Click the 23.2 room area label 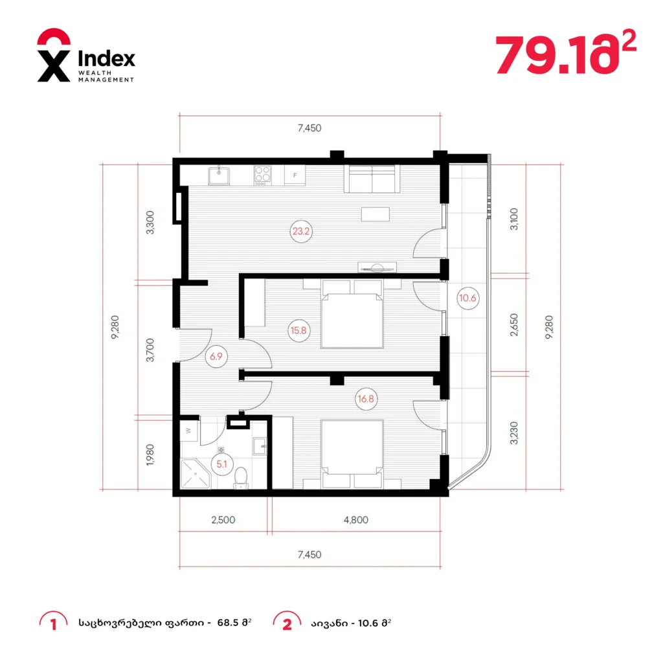click(x=300, y=231)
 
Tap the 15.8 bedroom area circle click(x=298, y=330)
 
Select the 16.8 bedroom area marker click(x=366, y=399)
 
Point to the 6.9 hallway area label click(x=216, y=357)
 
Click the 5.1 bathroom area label click(x=222, y=464)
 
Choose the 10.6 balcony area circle click(x=467, y=298)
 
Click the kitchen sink click(x=219, y=176)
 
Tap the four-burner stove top click(x=262, y=175)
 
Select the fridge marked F click(x=295, y=175)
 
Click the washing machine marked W click(x=188, y=431)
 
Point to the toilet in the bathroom click(x=241, y=478)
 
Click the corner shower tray click(x=196, y=474)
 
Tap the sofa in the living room click(x=372, y=179)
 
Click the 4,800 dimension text click(x=355, y=520)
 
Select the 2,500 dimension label click(x=223, y=520)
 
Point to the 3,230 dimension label click(x=513, y=433)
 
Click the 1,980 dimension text click(x=150, y=455)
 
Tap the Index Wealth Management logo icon click(x=54, y=55)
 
